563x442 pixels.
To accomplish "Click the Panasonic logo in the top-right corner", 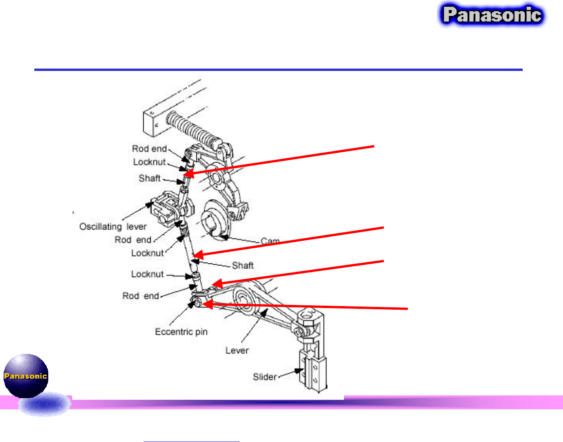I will click(x=492, y=15).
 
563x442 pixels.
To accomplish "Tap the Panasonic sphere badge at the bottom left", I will click(x=26, y=375).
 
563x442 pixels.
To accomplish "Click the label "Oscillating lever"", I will click(x=113, y=227).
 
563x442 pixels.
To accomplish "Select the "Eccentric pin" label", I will click(x=181, y=332).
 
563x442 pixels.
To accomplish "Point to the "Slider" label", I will click(x=265, y=377).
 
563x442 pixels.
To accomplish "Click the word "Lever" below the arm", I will click(x=237, y=350).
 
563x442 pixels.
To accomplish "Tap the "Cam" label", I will click(x=270, y=241).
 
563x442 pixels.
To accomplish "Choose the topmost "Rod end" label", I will click(x=149, y=149).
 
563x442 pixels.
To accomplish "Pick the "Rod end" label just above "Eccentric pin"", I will click(x=140, y=296).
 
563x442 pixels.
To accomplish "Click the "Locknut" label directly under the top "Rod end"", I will click(x=149, y=162).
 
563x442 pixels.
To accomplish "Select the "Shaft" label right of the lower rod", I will click(x=243, y=265).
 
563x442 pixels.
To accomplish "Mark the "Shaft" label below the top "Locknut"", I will click(x=149, y=178).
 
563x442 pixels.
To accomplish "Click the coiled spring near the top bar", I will click(x=194, y=128).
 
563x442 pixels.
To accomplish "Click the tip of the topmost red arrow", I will click(x=185, y=175).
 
